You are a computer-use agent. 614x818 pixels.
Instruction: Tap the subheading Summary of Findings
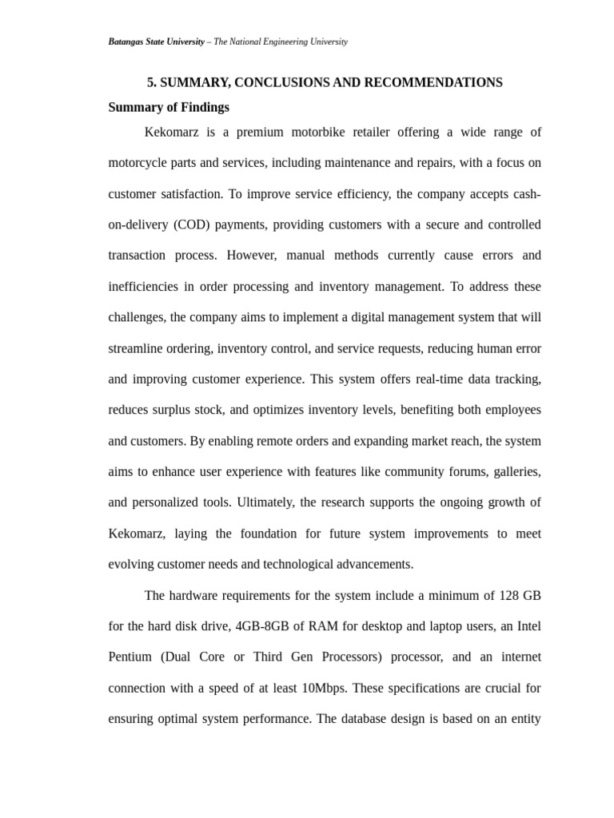[169, 107]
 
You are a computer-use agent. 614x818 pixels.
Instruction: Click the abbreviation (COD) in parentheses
[192, 224]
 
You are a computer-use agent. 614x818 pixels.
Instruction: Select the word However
[253, 256]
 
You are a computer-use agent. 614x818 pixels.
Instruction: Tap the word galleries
[517, 471]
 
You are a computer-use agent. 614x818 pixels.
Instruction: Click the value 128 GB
[521, 595]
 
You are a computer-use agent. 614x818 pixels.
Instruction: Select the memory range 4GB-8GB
[260, 626]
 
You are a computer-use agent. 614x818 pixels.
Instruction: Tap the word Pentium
[130, 657]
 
